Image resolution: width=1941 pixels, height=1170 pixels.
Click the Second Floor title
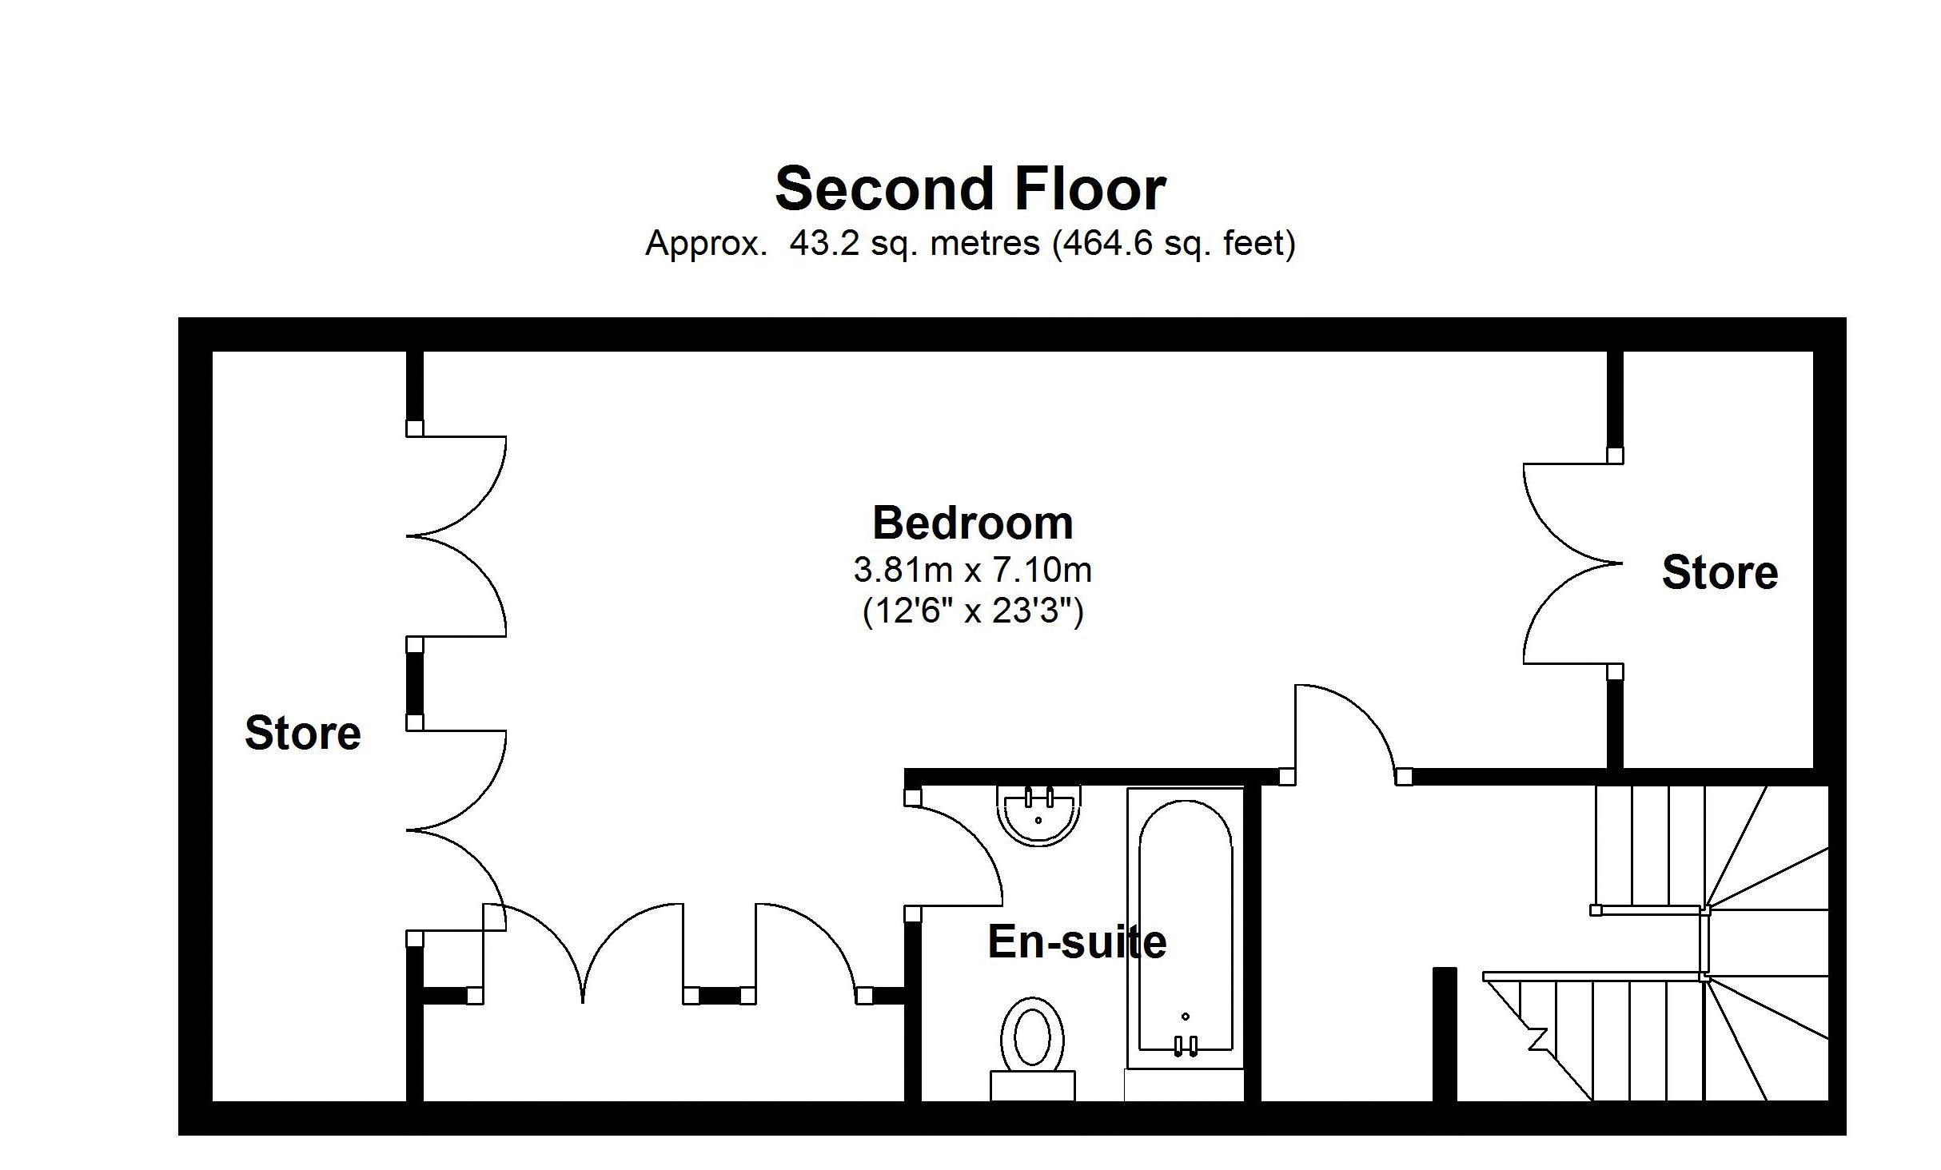coord(970,189)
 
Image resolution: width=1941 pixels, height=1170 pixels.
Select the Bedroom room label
coord(973,523)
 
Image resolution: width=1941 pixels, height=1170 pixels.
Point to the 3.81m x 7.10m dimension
coord(973,570)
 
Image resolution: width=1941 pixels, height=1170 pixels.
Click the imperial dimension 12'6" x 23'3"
coord(973,611)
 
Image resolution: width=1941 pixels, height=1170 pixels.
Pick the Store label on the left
coord(303,733)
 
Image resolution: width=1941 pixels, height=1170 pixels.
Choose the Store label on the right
coord(1720,572)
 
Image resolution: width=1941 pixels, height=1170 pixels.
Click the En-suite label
coord(1077,941)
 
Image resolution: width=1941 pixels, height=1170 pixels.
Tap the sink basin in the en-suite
coord(1038,815)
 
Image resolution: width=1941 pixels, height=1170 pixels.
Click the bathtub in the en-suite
coord(1186,927)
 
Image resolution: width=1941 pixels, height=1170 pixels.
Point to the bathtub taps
coord(1186,1045)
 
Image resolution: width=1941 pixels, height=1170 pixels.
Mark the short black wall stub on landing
coord(1445,1034)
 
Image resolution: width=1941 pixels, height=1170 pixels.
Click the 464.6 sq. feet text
coord(1174,243)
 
